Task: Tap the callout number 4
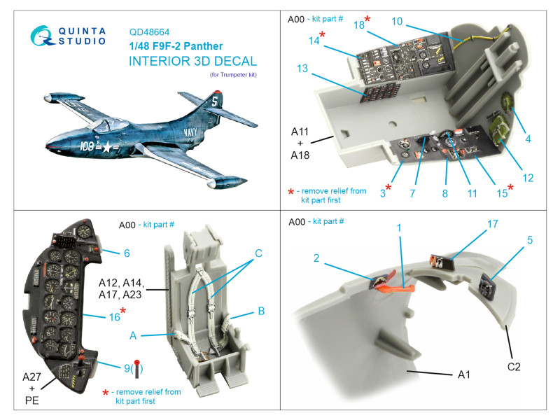[528, 139]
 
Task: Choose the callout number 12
[528, 178]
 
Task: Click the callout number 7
[413, 192]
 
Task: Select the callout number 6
[126, 253]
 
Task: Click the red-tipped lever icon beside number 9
[138, 365]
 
